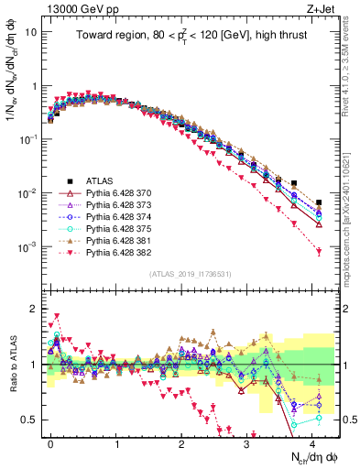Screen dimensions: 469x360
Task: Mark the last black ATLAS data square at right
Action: click(319, 202)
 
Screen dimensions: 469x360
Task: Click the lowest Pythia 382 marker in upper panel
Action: click(319, 252)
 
